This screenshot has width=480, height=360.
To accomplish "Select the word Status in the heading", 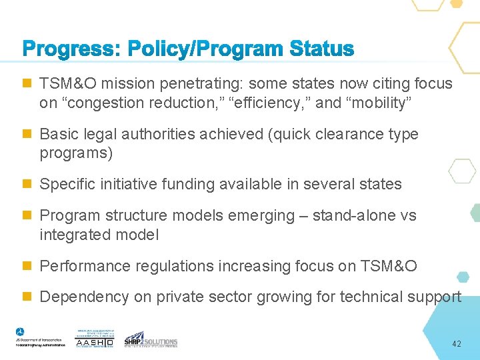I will [321, 49].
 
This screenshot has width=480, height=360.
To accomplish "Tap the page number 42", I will [457, 344].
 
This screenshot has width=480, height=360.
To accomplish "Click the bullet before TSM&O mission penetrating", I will [27, 84].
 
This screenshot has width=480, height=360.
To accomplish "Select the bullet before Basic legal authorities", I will [27, 134].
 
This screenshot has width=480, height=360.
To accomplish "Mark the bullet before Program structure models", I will [27, 216].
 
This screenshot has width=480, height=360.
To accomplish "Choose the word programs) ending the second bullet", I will [76, 153].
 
